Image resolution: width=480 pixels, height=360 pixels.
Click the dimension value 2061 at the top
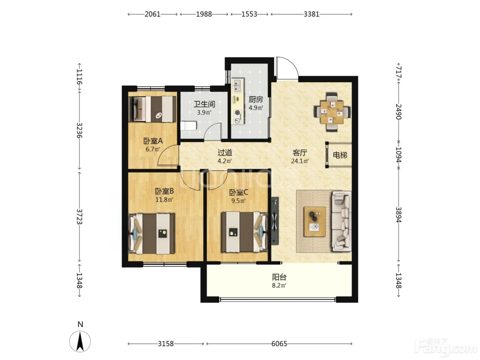[x=153, y=14]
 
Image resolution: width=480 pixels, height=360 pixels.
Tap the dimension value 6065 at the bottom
[x=279, y=344]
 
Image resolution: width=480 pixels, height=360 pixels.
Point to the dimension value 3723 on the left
[x=79, y=217]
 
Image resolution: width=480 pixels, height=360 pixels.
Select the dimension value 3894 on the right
[x=398, y=215]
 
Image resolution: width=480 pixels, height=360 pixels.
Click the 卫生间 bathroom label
[x=204, y=104]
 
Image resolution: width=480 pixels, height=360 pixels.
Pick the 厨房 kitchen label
[x=256, y=99]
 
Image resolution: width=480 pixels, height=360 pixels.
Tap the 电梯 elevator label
[x=340, y=155]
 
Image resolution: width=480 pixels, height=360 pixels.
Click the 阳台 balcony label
[x=279, y=277]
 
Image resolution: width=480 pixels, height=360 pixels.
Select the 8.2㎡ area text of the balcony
[x=279, y=286]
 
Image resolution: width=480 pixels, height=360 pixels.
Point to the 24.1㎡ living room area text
[x=300, y=161]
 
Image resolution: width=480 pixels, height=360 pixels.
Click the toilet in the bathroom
[x=189, y=126]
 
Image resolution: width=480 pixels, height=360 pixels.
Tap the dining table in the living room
[x=332, y=112]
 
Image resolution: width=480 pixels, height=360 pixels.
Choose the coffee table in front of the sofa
[x=315, y=221]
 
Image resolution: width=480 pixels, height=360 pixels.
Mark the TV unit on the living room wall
[x=275, y=221]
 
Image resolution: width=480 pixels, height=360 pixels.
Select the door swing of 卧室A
[x=168, y=155]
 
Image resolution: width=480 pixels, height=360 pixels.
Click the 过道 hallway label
[x=225, y=153]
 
